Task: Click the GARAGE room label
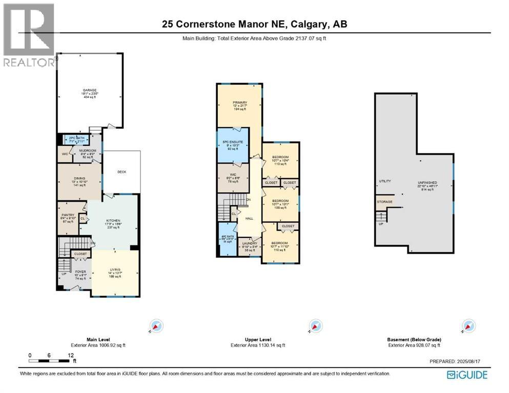coord(90,91)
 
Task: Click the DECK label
coord(121,172)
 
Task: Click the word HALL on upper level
coord(250,219)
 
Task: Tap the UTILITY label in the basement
coord(385,182)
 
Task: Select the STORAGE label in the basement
coord(385,202)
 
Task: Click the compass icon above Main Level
coord(156,326)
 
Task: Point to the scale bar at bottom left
coord(50,360)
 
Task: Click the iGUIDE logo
coord(467,375)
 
